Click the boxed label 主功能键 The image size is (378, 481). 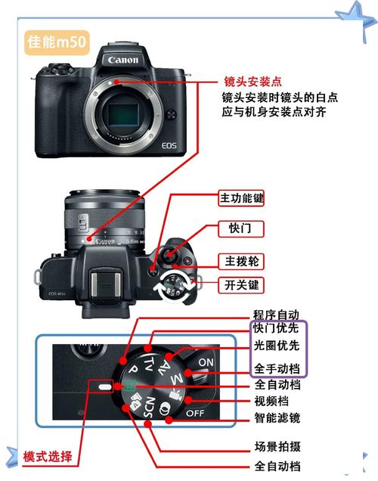coord(241,198)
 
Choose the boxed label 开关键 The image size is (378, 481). coord(241,285)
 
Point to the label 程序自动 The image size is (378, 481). coord(276,314)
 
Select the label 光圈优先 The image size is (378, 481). coord(276,346)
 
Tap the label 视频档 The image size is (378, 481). coord(271,401)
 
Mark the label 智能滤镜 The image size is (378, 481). coord(276,417)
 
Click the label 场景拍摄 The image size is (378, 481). coord(276,445)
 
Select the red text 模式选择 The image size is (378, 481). coord(48,456)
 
